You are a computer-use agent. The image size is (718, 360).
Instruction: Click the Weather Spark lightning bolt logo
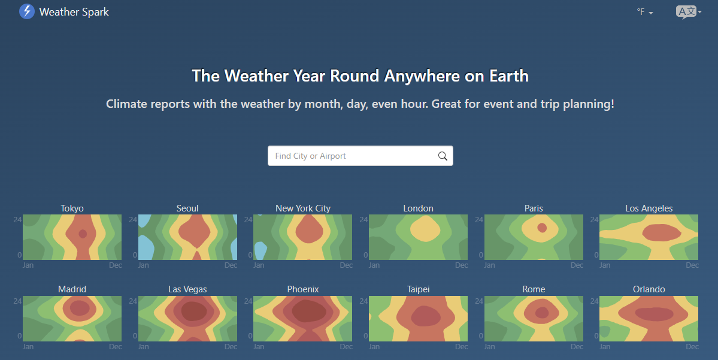click(26, 11)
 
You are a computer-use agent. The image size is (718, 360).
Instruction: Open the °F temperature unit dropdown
click(645, 12)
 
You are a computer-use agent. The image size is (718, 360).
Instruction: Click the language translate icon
click(688, 12)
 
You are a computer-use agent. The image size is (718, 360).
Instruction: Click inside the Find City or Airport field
click(353, 156)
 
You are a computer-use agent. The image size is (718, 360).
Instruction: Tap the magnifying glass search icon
click(443, 156)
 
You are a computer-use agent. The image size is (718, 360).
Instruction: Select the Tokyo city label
click(72, 208)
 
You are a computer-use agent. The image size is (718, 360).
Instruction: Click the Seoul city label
click(188, 208)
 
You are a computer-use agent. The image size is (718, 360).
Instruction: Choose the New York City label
click(303, 208)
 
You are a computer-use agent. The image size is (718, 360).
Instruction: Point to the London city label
click(418, 208)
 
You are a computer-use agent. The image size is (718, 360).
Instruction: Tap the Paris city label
click(534, 208)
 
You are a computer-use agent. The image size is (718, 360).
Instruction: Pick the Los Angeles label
click(649, 208)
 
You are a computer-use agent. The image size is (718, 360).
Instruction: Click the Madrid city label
click(72, 289)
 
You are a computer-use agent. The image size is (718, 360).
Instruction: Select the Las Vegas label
click(188, 289)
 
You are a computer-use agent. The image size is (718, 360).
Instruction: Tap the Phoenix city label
click(303, 289)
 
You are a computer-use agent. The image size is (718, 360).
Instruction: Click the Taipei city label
click(418, 289)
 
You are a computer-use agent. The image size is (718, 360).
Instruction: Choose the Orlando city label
click(649, 289)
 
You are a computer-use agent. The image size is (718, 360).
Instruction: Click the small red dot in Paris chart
click(542, 228)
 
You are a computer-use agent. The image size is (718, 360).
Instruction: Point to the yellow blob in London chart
click(425, 229)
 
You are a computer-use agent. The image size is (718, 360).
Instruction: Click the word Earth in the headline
click(509, 76)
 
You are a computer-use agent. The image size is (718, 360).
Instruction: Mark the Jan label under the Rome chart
click(489, 347)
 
